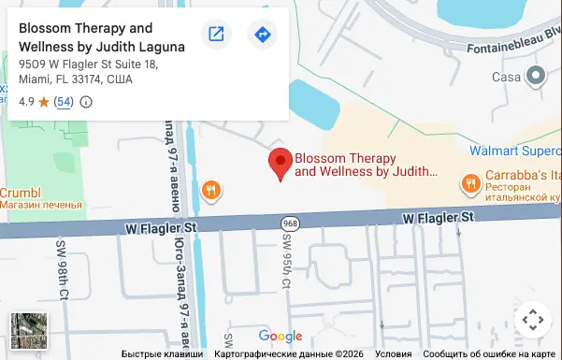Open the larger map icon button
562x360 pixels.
(216, 35)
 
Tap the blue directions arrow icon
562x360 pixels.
(262, 35)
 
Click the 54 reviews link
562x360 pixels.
(64, 101)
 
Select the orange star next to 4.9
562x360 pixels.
(43, 101)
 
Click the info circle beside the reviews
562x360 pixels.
(86, 101)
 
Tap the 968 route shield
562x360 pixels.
(288, 223)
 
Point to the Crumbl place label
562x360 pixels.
(21, 193)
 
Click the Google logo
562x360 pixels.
(281, 337)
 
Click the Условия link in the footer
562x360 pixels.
(393, 354)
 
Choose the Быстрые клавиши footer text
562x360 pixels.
(162, 354)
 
